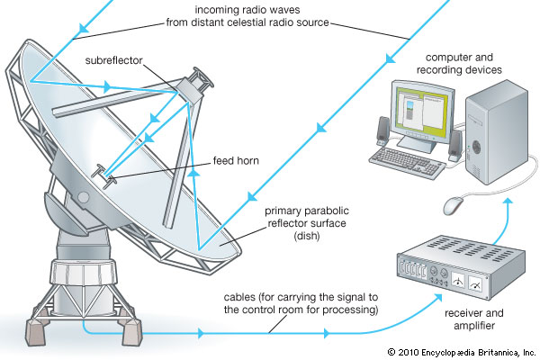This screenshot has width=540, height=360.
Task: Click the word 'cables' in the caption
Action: click(x=243, y=297)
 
